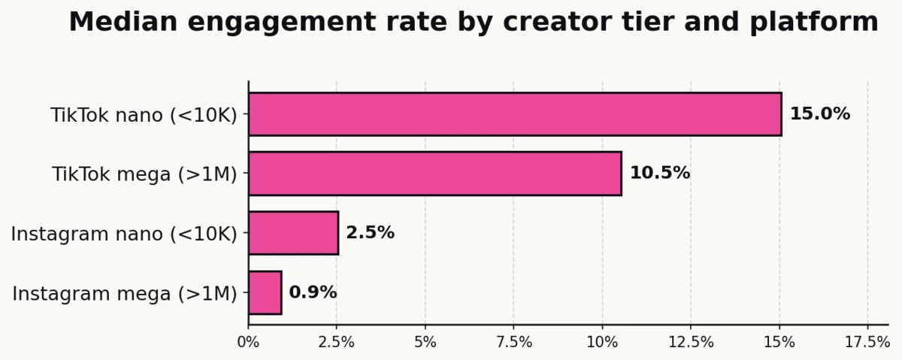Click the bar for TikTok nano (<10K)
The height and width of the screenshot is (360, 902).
coord(515,114)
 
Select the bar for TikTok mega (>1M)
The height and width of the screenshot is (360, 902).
coord(434,174)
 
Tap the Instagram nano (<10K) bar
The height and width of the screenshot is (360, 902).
coord(293,233)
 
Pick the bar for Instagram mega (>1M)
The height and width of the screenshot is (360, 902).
coord(265,292)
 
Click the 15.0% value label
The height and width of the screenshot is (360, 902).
coord(819,114)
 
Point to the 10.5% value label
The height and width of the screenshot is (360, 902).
coord(659,174)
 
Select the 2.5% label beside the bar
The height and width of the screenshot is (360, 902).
coord(370,233)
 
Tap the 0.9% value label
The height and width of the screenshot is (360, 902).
coord(313,292)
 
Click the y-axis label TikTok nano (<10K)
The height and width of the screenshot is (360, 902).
coord(144,115)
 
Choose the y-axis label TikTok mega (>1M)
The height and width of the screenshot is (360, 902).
coord(144,174)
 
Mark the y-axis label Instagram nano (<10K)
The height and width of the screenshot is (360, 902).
coord(124,234)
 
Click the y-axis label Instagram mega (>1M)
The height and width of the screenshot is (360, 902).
coord(125,293)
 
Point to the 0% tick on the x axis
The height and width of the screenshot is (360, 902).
coord(248,343)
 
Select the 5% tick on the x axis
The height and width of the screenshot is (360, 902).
coord(425,343)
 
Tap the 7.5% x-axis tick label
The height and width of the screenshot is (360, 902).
coord(513,343)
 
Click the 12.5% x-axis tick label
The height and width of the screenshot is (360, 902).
coord(691,343)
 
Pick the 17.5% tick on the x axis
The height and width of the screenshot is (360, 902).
coord(867,343)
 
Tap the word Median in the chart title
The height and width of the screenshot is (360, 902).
coord(123,22)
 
